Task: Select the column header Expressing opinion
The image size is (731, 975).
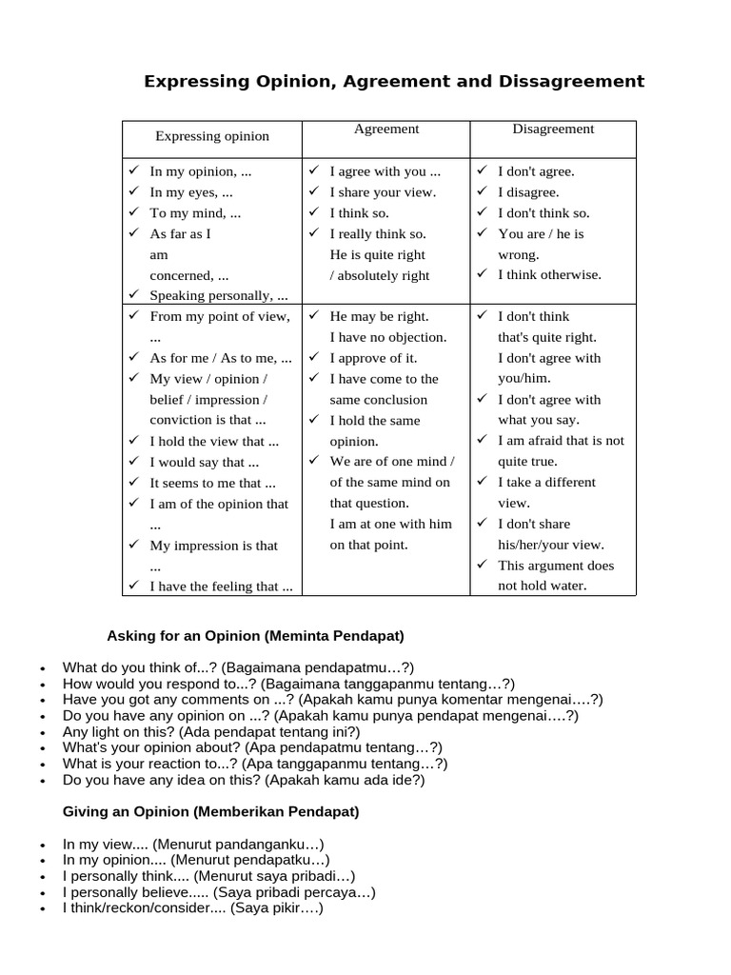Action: click(212, 136)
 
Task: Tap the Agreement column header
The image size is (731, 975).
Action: click(386, 129)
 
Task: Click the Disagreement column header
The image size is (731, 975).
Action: click(553, 129)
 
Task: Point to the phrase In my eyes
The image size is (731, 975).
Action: click(191, 192)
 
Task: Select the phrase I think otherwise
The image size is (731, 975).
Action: click(549, 275)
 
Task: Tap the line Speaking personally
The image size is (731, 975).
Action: click(219, 296)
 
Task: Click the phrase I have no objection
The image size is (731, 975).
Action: click(387, 337)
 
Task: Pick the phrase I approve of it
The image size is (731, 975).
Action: click(373, 358)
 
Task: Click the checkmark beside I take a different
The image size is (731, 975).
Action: click(483, 483)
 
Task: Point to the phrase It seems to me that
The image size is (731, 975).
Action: click(212, 483)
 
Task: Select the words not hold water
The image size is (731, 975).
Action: click(543, 587)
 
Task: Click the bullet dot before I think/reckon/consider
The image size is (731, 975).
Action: click(44, 910)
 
